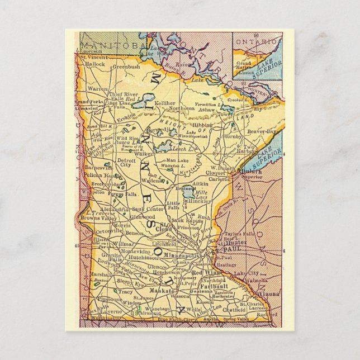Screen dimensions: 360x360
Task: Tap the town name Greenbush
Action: (126, 67)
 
